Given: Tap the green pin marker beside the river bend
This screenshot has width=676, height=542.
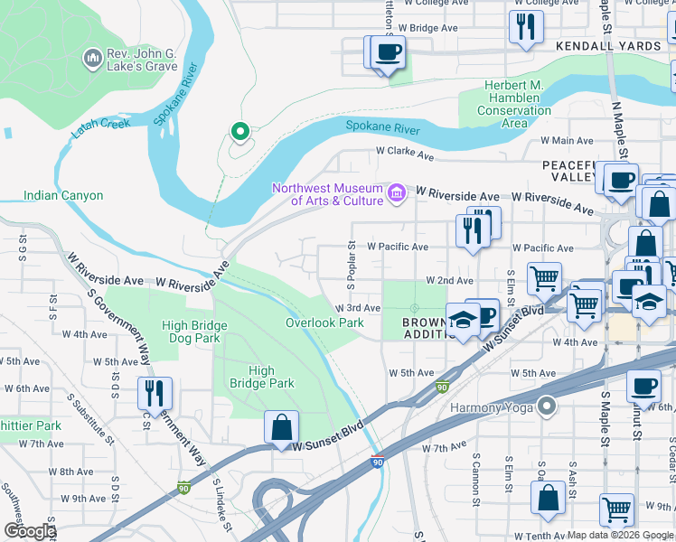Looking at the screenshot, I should pos(239,133).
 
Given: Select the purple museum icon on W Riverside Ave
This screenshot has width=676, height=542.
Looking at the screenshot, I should pos(396,193).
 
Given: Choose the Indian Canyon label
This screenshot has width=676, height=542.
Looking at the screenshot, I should pos(63,195).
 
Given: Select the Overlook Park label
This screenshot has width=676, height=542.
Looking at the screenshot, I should pos(324,322).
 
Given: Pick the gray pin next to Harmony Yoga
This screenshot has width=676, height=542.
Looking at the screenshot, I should pos(546,406).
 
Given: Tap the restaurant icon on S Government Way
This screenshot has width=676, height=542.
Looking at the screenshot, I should pos(155,393).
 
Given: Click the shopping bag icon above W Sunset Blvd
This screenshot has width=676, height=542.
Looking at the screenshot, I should pos(281,426).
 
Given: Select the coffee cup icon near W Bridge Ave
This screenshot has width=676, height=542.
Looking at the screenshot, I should pos(388,52).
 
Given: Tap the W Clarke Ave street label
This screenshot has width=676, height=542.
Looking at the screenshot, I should pos(405,154).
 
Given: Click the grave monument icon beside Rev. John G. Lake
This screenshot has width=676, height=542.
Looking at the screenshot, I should pos(91,60).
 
